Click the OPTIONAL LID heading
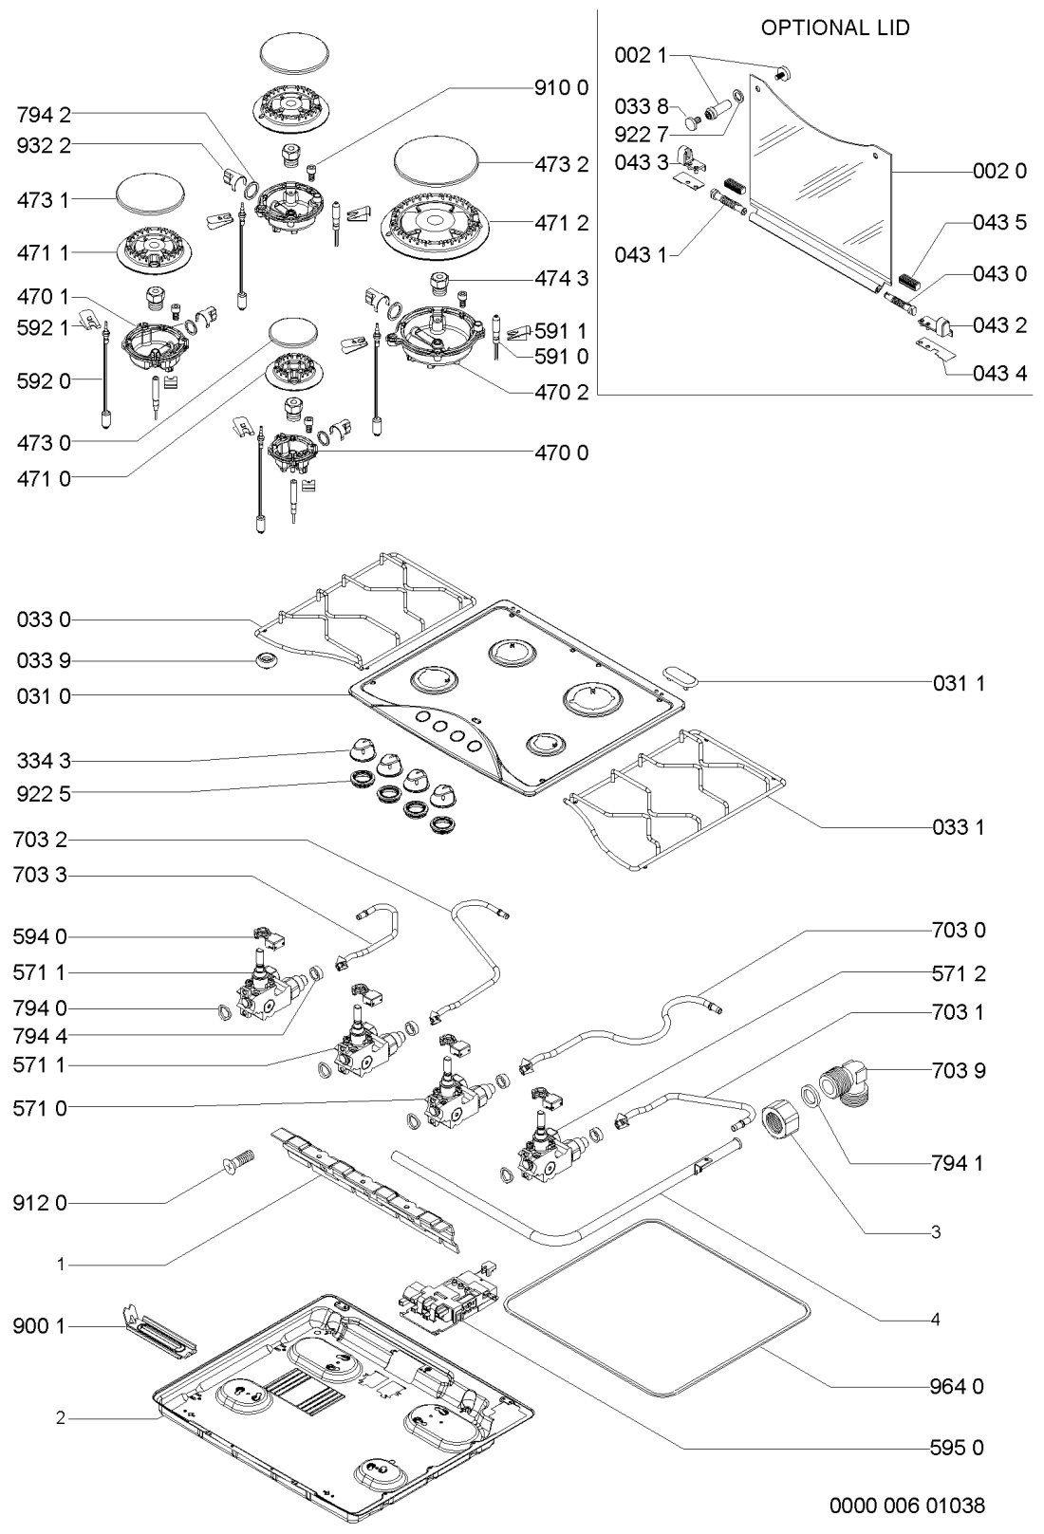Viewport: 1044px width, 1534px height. click(835, 28)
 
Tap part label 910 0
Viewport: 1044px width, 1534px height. click(560, 88)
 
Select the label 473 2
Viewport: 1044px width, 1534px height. click(561, 164)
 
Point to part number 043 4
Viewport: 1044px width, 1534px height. click(999, 373)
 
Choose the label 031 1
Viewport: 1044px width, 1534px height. click(958, 682)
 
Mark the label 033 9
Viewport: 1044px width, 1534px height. click(43, 659)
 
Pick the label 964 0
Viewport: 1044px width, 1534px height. click(958, 1387)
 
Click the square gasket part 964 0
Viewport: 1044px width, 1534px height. click(659, 1307)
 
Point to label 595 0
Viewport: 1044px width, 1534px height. click(958, 1448)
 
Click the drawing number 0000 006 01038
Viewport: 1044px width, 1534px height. click(907, 1505)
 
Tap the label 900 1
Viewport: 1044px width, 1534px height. click(39, 1325)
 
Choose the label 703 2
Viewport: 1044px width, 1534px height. click(40, 840)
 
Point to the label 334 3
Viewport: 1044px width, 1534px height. click(43, 761)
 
